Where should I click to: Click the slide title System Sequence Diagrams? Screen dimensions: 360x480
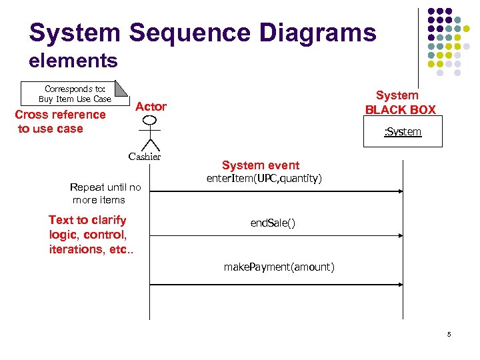[203, 32]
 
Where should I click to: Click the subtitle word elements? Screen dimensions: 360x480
[73, 61]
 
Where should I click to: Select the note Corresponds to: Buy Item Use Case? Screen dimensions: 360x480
[75, 94]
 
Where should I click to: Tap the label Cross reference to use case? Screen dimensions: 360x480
[60, 121]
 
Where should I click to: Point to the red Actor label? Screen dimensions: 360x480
[151, 107]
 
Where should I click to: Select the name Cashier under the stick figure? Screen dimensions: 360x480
[145, 157]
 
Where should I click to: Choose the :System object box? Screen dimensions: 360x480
[401, 132]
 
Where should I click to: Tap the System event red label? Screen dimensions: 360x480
[261, 165]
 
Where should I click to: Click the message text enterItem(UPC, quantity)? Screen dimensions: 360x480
[264, 179]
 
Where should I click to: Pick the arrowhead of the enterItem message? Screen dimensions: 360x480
[401, 191]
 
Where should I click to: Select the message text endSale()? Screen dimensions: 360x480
[273, 223]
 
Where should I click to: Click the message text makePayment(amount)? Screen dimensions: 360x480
[279, 267]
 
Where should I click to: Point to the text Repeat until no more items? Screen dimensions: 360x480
[105, 193]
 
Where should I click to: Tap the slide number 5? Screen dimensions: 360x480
[449, 334]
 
